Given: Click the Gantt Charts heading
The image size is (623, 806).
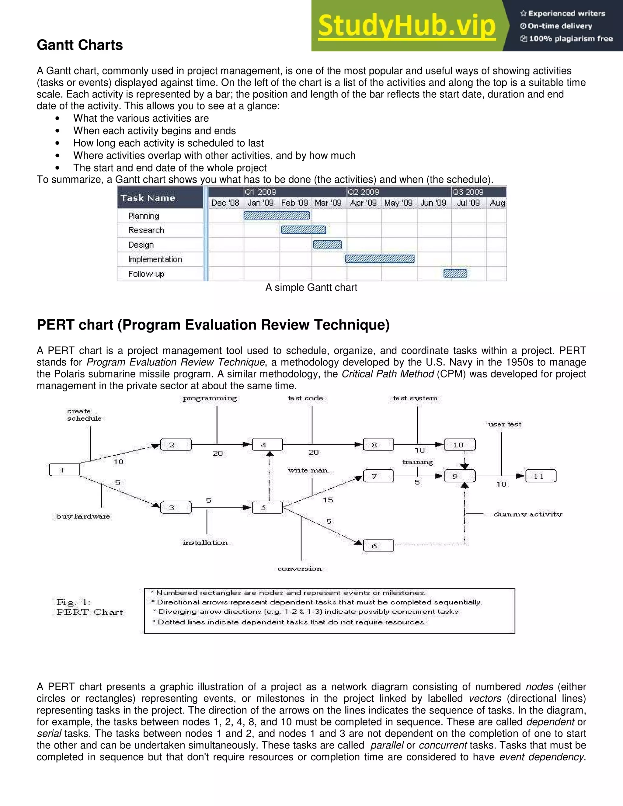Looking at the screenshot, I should pyautogui.click(x=80, y=45).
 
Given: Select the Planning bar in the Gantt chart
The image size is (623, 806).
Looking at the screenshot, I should pyautogui.click(x=277, y=215).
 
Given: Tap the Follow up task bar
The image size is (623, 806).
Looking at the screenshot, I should pyautogui.click(x=455, y=273).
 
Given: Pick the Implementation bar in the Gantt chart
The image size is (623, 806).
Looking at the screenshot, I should pyautogui.click(x=379, y=259).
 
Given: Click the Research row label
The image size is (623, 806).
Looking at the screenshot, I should pyautogui.click(x=146, y=230).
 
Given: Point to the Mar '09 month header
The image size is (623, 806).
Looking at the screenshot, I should pyautogui.click(x=328, y=203).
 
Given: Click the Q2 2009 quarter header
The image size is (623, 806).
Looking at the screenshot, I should pyautogui.click(x=364, y=192).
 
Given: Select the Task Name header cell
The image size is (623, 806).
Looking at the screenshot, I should pyautogui.click(x=148, y=198).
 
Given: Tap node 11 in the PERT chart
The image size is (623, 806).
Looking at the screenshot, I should pyautogui.click(x=540, y=476).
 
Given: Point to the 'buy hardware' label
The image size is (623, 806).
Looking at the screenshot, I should pyautogui.click(x=83, y=516).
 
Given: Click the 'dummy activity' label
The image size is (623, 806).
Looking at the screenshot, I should pyautogui.click(x=528, y=514).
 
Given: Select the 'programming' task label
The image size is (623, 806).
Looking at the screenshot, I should pyautogui.click(x=210, y=398).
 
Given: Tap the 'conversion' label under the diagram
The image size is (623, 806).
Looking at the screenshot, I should pyautogui.click(x=300, y=569).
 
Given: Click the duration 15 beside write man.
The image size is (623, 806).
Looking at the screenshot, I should pyautogui.click(x=328, y=500).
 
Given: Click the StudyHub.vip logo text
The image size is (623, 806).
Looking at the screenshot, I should pyautogui.click(x=407, y=26).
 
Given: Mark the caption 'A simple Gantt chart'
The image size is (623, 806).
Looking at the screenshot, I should pyautogui.click(x=311, y=287).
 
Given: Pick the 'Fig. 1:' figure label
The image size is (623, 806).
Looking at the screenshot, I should pyautogui.click(x=73, y=602).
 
